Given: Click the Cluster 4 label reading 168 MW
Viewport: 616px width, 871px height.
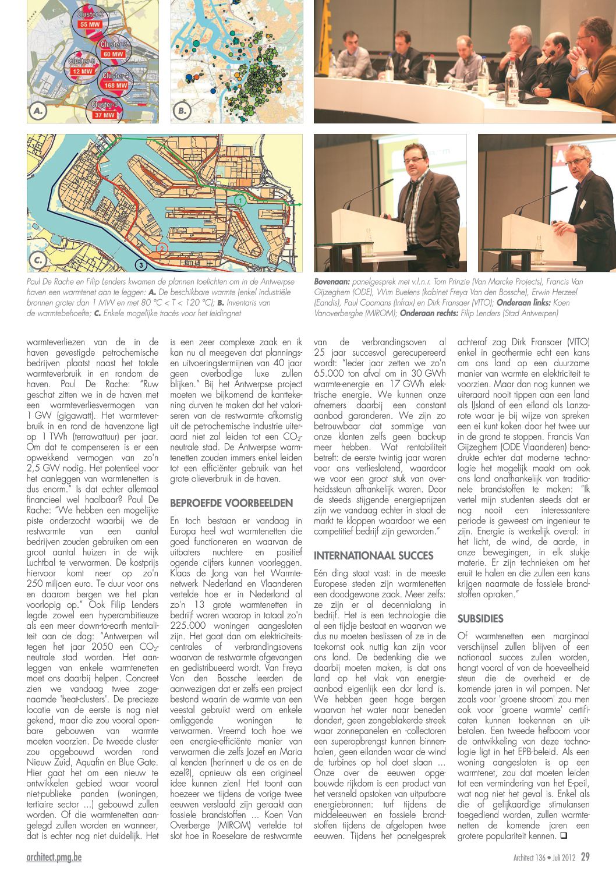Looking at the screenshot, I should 115,86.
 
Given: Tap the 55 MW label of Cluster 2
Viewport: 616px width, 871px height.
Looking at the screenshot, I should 90,24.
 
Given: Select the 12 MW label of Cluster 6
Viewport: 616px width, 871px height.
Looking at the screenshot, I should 82,72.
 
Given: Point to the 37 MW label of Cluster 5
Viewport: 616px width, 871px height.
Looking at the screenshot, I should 105,115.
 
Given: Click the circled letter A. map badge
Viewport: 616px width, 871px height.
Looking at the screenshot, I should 38,111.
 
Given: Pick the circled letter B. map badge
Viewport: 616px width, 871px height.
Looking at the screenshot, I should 182,111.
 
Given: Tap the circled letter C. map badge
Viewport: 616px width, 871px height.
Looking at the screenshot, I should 38,260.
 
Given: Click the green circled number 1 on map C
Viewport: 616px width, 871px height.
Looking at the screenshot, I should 240,201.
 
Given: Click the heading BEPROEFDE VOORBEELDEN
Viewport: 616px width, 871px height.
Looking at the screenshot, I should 231,502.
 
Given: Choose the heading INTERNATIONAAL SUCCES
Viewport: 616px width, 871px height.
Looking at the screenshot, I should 373,555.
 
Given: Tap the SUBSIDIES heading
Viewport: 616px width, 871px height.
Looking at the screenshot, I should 480,618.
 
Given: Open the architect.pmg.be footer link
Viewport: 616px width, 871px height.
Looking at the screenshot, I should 54,857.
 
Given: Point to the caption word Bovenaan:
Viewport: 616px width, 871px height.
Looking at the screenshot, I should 332,282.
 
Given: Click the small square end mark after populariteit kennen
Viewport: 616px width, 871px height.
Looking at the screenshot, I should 563,836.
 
